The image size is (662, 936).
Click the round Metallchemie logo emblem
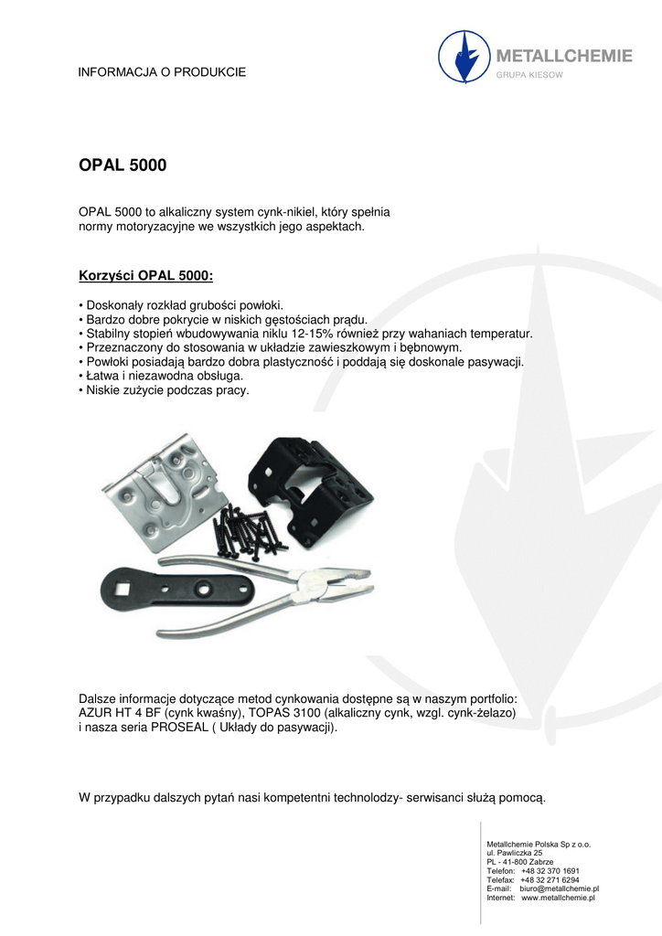pos(465,58)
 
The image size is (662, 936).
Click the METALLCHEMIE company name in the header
pos(563,56)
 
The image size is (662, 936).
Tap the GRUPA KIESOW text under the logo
pos(529,75)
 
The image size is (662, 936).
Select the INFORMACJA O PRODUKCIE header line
pos(162,71)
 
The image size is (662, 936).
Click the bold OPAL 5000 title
pos(123,167)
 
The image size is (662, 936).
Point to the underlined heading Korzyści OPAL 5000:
pos(146,275)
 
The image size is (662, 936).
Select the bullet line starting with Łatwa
pos(162,376)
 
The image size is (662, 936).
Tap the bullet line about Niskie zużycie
pos(165,389)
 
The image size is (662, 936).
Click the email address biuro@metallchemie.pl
pos(559,888)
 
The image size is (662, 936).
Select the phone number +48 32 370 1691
pos(550,870)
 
